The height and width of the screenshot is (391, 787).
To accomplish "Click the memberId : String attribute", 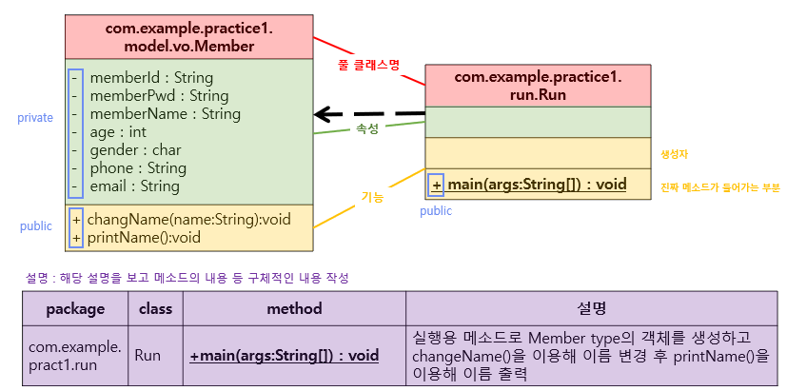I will click(151, 77).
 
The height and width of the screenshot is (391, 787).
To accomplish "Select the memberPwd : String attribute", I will click(159, 95).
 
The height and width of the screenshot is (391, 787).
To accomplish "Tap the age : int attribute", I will click(118, 132).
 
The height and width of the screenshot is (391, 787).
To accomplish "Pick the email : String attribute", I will click(134, 186).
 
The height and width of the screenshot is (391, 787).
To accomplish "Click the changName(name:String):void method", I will click(188, 220).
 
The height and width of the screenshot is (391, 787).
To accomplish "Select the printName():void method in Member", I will click(144, 238).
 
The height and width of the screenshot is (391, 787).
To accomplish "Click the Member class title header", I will click(188, 37).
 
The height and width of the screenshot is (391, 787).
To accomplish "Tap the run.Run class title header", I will click(538, 86).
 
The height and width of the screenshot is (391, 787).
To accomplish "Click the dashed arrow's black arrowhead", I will click(326, 114).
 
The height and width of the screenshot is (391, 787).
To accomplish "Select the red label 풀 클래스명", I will click(368, 65).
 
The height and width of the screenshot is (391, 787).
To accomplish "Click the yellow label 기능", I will click(371, 197).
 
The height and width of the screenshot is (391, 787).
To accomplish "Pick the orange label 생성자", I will click(674, 153).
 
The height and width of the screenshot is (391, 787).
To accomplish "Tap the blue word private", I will click(35, 118).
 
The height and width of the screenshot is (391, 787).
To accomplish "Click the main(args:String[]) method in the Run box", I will click(537, 184).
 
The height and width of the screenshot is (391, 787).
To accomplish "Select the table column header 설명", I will click(590, 309).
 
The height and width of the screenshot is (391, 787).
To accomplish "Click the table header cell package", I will click(75, 309).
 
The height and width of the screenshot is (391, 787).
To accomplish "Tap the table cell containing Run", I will click(148, 355).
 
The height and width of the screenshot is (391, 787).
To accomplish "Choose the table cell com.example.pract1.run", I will click(75, 355).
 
